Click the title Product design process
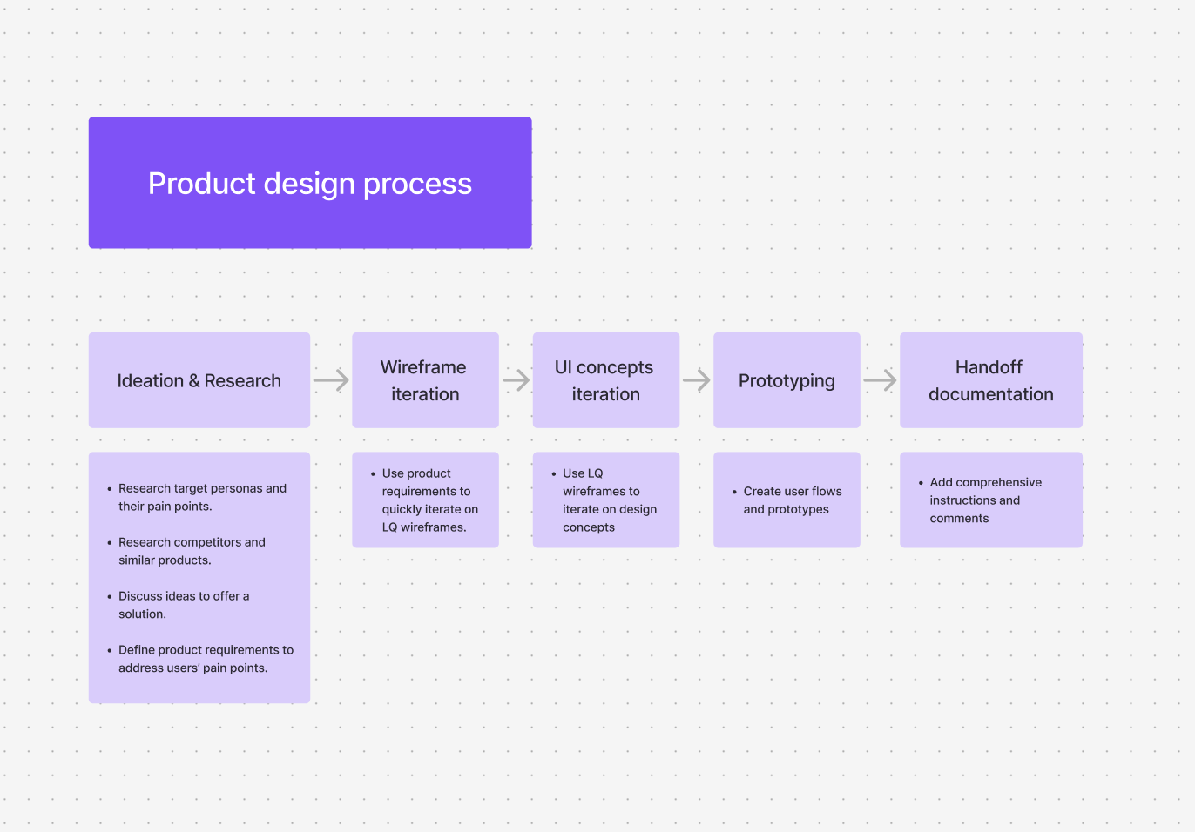point(309,184)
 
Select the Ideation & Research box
point(199,380)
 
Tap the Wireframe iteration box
point(425,380)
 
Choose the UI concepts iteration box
point(605,380)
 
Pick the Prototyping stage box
point(787,380)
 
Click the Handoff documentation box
point(990,380)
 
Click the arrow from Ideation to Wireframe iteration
point(331,380)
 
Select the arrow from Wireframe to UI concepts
point(516,380)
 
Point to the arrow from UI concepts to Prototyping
point(697,380)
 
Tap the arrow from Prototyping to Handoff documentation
point(880,380)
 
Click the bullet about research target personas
point(202,497)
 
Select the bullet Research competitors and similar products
point(192,551)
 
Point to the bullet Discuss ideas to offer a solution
point(183,605)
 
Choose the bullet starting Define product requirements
point(206,659)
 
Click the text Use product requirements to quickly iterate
point(429,500)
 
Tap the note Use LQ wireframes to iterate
point(609,500)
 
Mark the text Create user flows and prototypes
point(792,500)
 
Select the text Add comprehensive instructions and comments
point(984,500)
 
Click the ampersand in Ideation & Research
point(194,381)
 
